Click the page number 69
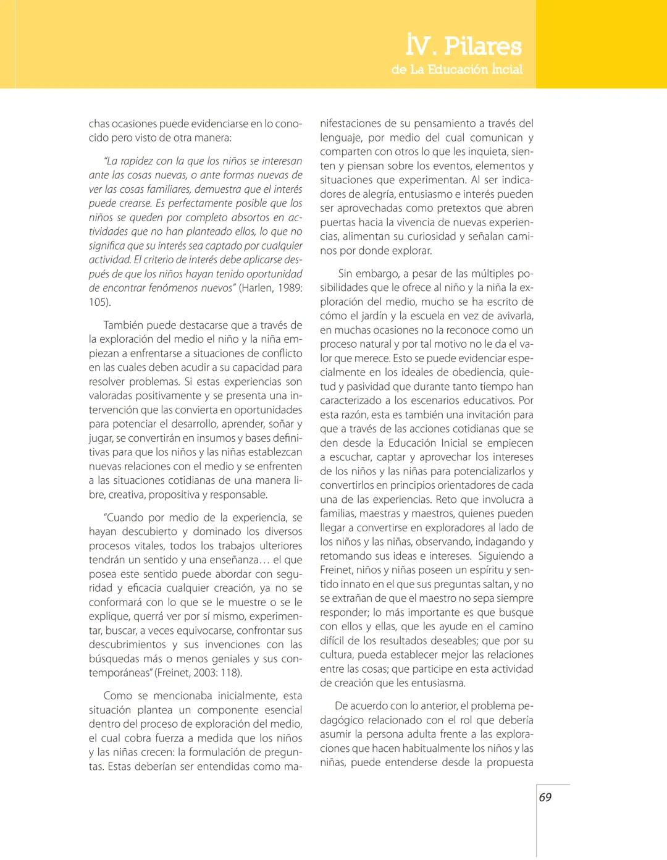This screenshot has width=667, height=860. click(545, 797)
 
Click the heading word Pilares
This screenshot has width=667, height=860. click(483, 46)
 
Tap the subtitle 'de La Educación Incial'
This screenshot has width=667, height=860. click(457, 70)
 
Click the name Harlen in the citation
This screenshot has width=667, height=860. click(257, 288)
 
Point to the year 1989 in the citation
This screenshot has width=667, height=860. click(290, 288)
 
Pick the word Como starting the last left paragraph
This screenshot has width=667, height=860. click(117, 696)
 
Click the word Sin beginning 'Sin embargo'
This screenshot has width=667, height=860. click(346, 273)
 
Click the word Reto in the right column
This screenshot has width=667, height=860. click(446, 499)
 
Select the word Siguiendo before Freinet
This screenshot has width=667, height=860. click(501, 556)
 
